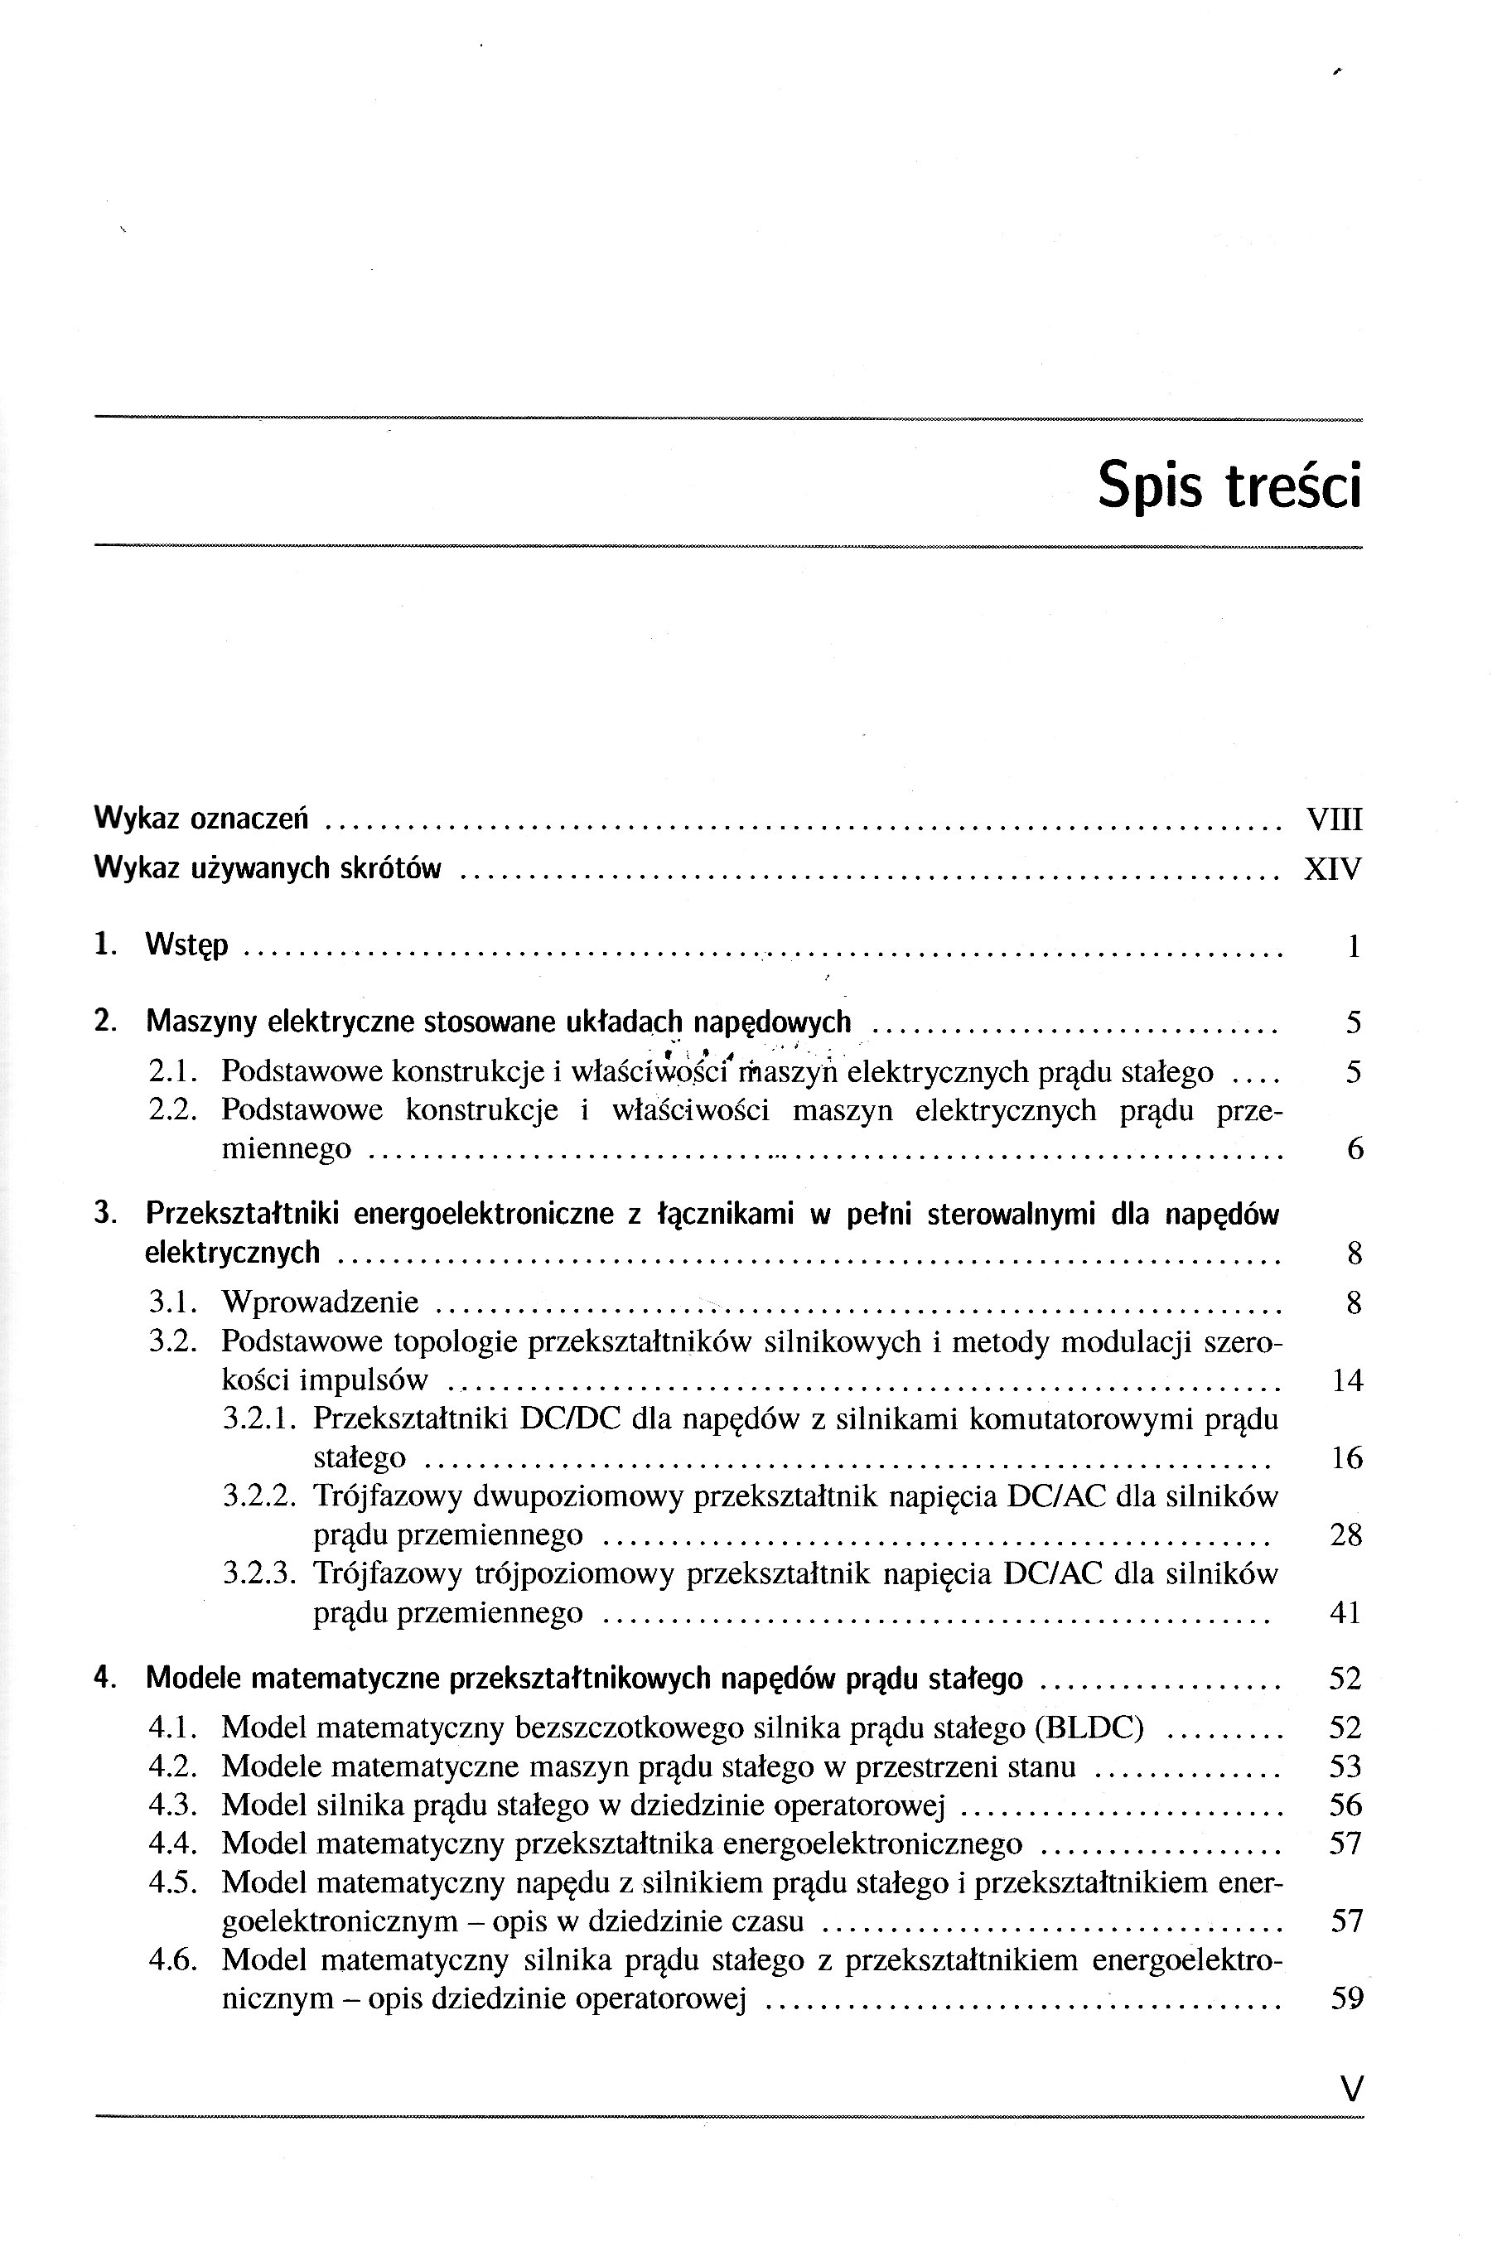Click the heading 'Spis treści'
tap(1229, 486)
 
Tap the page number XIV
tap(1333, 868)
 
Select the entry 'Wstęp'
tap(187, 946)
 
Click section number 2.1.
tap(173, 1072)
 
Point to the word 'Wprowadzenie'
tap(320, 1302)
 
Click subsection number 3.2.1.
tap(259, 1419)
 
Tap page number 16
tap(1346, 1457)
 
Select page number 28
tap(1345, 1535)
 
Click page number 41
tap(1345, 1612)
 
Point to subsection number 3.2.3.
tap(259, 1573)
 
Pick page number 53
tap(1345, 1766)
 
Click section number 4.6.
tap(173, 1959)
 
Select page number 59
tap(1346, 1998)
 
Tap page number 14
tap(1346, 1380)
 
